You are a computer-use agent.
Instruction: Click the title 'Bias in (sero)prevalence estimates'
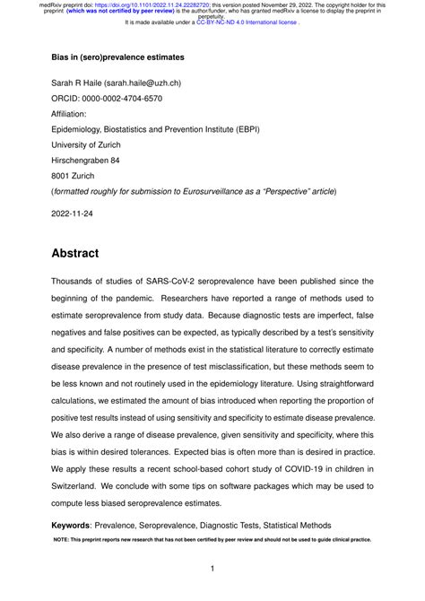117,57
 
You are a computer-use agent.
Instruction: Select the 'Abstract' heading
75,254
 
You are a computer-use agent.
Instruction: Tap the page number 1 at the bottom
212,569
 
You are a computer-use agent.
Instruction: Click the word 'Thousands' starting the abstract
80,282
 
